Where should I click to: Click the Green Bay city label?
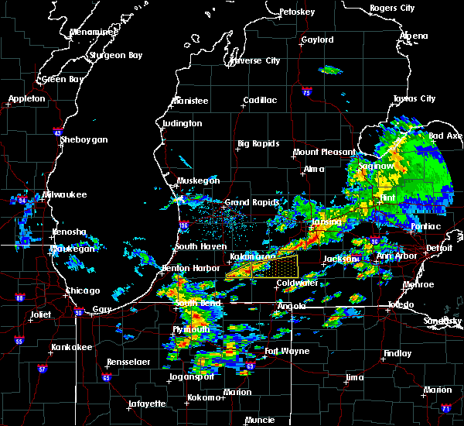point(63,80)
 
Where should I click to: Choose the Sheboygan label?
point(86,140)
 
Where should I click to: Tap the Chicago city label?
point(83,291)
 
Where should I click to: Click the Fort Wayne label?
point(287,352)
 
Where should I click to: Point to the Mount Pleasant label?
point(319,153)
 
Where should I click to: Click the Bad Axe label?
point(445,136)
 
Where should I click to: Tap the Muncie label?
point(260,421)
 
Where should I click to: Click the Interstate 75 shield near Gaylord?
point(308,91)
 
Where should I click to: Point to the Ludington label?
point(182,124)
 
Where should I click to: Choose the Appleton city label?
point(26,99)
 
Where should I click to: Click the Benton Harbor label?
point(187,268)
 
